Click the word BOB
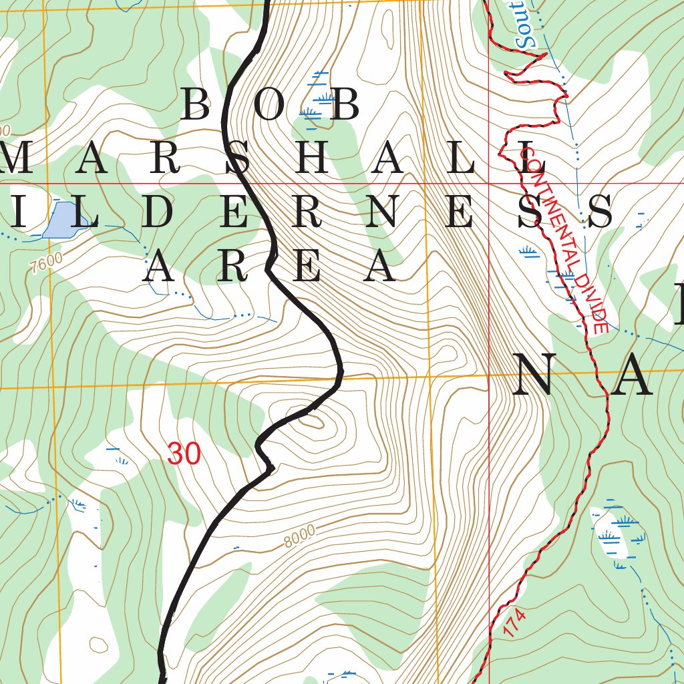[270, 106]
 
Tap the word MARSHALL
[274, 160]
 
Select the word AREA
[271, 267]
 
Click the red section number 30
[184, 454]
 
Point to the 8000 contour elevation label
[299, 536]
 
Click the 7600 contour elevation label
[46, 263]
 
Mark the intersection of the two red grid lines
[489, 182]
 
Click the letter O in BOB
[270, 106]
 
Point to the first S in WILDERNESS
[531, 213]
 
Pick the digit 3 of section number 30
[175, 454]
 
